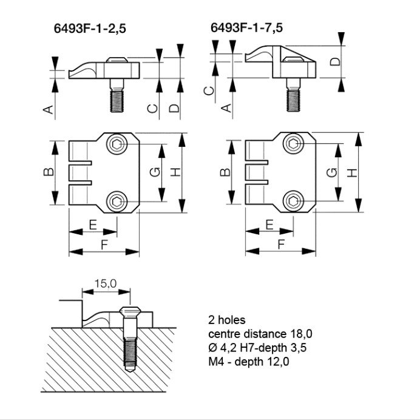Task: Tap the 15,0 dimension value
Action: point(105,284)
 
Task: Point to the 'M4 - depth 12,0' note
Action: point(249,362)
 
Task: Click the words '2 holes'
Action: point(226,320)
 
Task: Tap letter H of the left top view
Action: point(175,172)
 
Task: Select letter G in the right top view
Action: point(331,172)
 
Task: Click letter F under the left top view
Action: point(104,245)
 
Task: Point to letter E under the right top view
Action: point(268,225)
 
